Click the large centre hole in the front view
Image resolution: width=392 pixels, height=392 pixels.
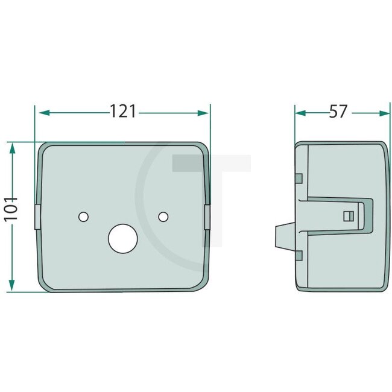point(123,238)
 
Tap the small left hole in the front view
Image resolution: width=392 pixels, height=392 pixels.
point(83,216)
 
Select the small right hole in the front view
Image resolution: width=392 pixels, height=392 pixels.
point(162,216)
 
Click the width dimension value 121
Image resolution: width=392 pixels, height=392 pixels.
point(123,112)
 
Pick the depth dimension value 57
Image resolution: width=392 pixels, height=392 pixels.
point(339,112)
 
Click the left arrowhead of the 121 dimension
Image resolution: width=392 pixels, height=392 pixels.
point(41,112)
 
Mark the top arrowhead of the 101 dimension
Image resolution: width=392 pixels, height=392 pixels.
point(11,147)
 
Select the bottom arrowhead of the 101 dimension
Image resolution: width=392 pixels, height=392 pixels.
point(11,287)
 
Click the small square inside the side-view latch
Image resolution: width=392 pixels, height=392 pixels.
point(346,216)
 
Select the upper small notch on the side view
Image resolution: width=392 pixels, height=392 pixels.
point(299,177)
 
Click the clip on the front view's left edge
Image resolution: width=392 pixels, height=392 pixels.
point(37,216)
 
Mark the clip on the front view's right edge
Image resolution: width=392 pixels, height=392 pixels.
point(208,216)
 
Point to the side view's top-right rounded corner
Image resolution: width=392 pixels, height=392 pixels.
point(381,147)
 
